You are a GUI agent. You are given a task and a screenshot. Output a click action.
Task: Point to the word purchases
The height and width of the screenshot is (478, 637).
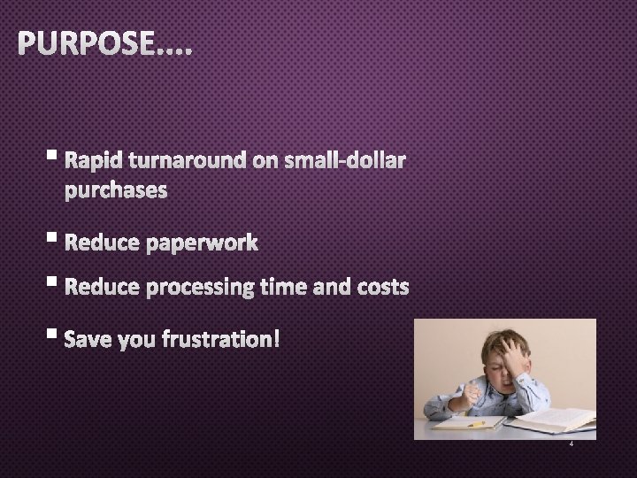click(115, 190)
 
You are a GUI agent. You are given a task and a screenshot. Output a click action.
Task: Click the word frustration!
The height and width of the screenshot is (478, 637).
click(221, 339)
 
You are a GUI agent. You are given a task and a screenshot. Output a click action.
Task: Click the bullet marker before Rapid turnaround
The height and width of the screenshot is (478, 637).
click(56, 158)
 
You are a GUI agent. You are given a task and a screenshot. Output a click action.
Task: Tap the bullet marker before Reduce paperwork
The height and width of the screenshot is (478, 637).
click(56, 240)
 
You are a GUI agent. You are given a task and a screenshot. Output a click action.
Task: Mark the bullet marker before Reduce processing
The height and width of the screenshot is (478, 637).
click(56, 284)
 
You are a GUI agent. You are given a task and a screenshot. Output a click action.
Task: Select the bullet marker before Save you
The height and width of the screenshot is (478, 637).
click(56, 335)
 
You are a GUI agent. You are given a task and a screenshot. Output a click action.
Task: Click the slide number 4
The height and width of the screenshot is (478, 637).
click(572, 444)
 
